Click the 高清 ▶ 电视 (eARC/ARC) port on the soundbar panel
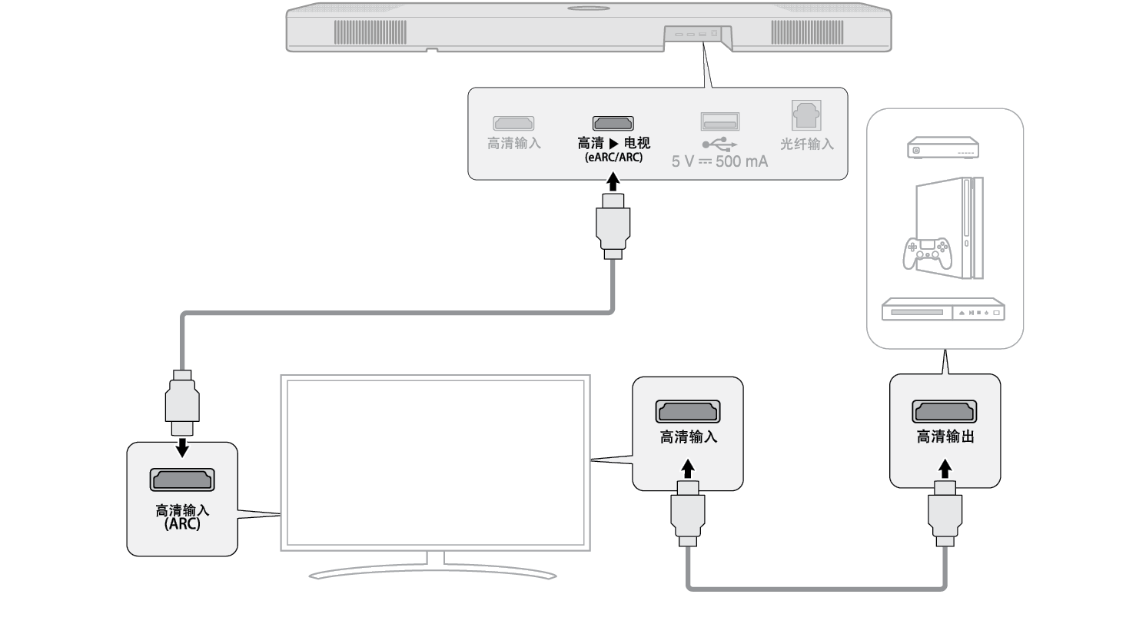click(x=613, y=123)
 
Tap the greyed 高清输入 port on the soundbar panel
click(x=514, y=123)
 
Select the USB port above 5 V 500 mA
click(x=719, y=121)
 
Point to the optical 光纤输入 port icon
click(x=806, y=117)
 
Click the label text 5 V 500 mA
click(x=719, y=162)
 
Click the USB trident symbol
click(x=719, y=144)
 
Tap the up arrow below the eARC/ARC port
click(x=613, y=183)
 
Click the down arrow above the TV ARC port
click(x=182, y=446)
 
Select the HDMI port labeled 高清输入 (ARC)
click(x=182, y=480)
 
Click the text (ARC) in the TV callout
click(x=182, y=523)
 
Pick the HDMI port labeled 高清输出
click(x=945, y=411)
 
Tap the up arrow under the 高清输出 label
click(x=945, y=467)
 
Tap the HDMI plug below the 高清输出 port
click(x=945, y=513)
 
